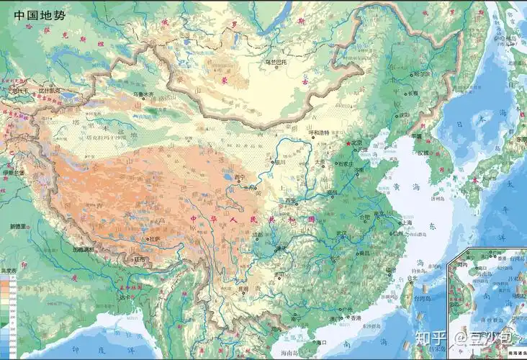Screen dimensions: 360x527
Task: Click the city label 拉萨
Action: point(155,238)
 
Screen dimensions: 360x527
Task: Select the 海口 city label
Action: point(321,342)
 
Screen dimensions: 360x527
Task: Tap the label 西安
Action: point(290,200)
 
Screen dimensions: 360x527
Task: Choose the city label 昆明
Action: point(243,289)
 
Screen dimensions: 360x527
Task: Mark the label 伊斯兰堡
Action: point(14,174)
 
